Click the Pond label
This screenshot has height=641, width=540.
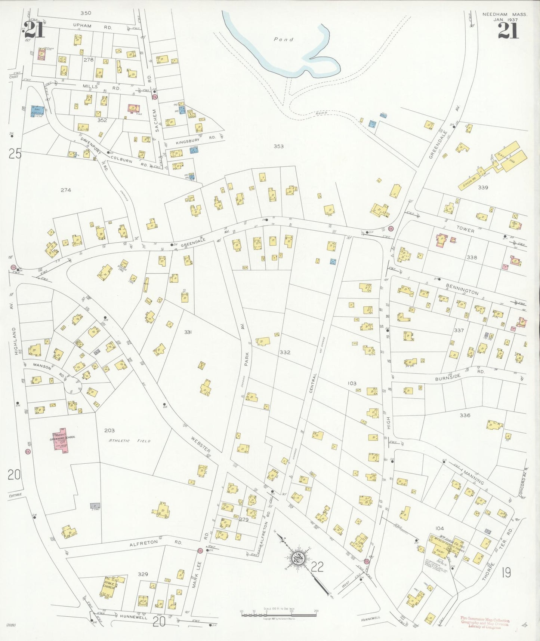pyautogui.click(x=283, y=39)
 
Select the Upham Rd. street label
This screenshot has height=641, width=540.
pyautogui.click(x=93, y=27)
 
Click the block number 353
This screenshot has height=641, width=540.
pyautogui.click(x=278, y=146)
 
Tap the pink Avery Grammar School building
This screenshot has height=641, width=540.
pyautogui.click(x=62, y=442)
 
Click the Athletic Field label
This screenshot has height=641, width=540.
pyautogui.click(x=129, y=441)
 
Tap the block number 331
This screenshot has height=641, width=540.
pyautogui.click(x=188, y=332)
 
